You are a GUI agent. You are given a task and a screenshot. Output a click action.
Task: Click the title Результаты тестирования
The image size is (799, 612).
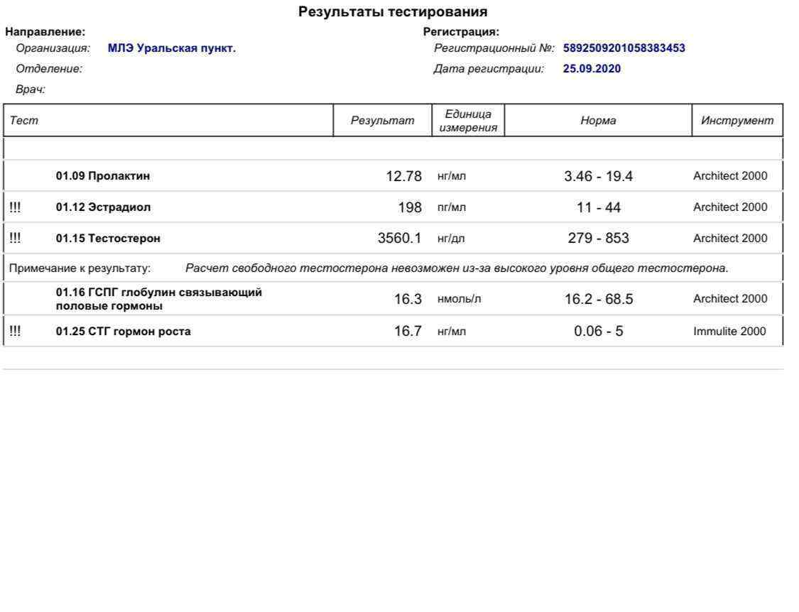(393, 12)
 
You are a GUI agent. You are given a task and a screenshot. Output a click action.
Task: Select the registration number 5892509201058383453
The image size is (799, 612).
(624, 49)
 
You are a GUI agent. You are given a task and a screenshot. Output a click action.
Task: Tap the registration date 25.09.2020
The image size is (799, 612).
(592, 69)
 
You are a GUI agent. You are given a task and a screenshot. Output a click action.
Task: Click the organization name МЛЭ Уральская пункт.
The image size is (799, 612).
(172, 49)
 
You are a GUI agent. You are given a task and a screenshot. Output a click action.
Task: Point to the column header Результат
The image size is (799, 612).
(382, 121)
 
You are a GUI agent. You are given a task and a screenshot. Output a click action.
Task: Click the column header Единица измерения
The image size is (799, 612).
(468, 121)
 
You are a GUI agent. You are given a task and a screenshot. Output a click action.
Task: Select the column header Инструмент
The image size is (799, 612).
(737, 121)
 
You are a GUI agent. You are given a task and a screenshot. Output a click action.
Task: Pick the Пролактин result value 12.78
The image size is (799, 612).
(403, 176)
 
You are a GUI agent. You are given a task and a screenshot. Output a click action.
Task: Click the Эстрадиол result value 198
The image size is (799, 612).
(410, 207)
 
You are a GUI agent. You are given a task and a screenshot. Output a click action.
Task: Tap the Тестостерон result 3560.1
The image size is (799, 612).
(399, 239)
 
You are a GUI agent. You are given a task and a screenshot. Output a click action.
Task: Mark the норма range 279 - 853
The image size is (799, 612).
(598, 239)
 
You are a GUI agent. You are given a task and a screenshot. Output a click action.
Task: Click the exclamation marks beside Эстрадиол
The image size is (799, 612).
(15, 207)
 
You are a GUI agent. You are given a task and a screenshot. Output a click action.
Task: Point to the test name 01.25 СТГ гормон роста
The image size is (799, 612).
(123, 332)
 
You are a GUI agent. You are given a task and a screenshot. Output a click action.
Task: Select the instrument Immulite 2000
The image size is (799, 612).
(729, 332)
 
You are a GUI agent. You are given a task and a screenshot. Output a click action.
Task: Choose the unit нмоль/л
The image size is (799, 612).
(459, 299)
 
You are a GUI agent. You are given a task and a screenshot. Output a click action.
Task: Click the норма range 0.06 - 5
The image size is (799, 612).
(598, 332)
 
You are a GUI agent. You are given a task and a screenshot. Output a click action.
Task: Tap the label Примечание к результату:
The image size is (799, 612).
(80, 268)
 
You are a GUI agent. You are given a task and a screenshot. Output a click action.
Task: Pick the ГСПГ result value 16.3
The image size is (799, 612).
(408, 299)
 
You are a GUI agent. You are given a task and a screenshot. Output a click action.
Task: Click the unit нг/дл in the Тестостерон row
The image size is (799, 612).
(451, 239)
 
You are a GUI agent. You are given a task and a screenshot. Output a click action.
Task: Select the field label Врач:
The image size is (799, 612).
(31, 89)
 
